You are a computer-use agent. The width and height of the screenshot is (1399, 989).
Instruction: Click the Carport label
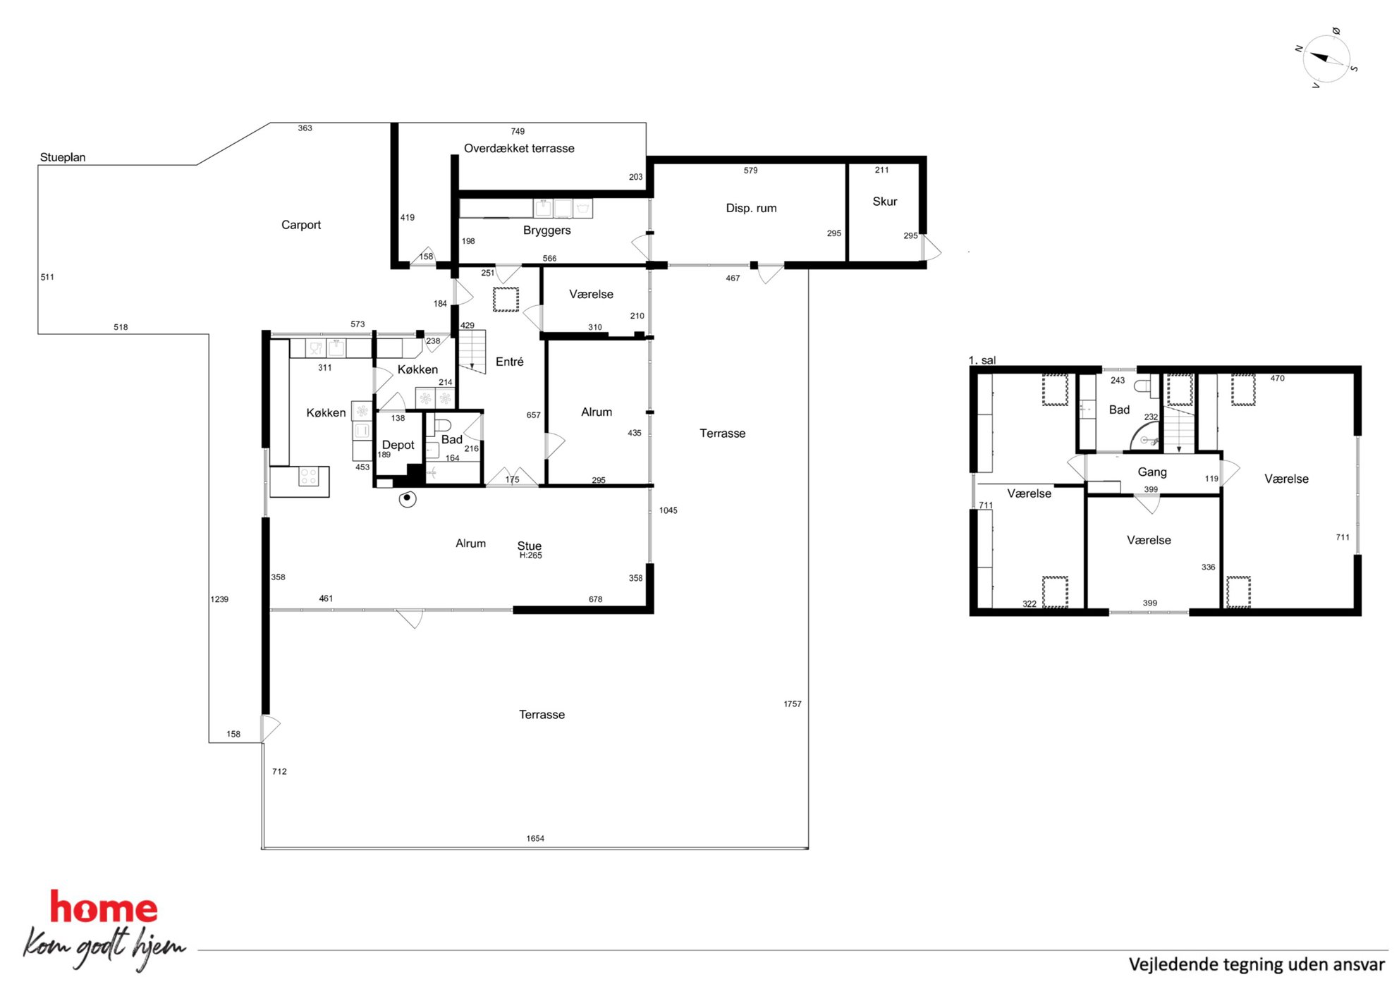pyautogui.click(x=301, y=225)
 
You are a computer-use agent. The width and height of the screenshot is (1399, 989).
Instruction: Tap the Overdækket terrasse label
pyautogui.click(x=519, y=148)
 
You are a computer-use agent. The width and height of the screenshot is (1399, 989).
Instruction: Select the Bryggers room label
pyautogui.click(x=547, y=231)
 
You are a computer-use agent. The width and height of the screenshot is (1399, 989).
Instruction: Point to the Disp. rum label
pyautogui.click(x=751, y=208)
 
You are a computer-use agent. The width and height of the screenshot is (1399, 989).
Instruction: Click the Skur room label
pyautogui.click(x=885, y=202)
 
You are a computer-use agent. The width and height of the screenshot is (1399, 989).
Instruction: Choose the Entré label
pyautogui.click(x=510, y=362)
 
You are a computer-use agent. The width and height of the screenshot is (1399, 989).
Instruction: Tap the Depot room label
pyautogui.click(x=398, y=446)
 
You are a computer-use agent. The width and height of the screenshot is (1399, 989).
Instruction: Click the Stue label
pyautogui.click(x=530, y=546)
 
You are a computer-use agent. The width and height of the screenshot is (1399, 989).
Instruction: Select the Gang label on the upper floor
pyautogui.click(x=1152, y=472)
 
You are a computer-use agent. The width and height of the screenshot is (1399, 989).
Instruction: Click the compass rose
pyautogui.click(x=1326, y=59)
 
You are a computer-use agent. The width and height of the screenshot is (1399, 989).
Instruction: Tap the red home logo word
pyautogui.click(x=104, y=908)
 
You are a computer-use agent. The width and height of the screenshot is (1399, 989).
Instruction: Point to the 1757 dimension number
pyautogui.click(x=793, y=704)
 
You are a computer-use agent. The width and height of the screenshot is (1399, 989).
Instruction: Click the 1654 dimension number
pyautogui.click(x=535, y=839)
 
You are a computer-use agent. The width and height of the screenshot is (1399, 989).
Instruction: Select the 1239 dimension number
pyautogui.click(x=219, y=599)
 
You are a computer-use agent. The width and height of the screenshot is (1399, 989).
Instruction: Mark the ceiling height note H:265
pyautogui.click(x=531, y=555)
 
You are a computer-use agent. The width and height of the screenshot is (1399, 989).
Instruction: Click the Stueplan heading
pyautogui.click(x=63, y=157)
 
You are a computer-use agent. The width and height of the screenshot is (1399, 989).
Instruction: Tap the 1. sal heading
pyautogui.click(x=982, y=360)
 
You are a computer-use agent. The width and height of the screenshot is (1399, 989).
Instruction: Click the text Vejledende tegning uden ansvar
pyautogui.click(x=1257, y=964)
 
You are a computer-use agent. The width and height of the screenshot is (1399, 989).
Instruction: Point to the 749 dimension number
pyautogui.click(x=518, y=132)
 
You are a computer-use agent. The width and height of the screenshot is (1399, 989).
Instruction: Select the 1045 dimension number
pyautogui.click(x=668, y=510)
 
